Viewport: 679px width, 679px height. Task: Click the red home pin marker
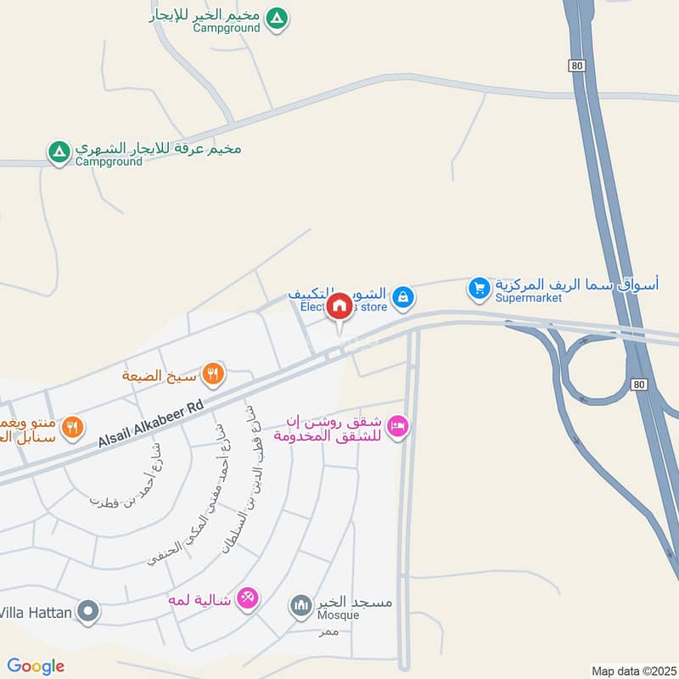[339, 306]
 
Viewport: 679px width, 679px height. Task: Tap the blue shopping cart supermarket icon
[480, 289]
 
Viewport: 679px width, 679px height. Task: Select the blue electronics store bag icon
[406, 296]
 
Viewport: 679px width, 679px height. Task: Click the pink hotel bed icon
[397, 427]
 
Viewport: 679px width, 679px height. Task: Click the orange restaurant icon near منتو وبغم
[74, 427]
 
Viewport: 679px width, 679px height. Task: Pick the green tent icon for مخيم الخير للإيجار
[276, 18]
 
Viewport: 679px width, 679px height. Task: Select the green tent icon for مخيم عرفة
[59, 152]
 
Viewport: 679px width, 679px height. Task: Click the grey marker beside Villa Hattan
[87, 610]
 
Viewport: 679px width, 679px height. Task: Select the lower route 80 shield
[640, 384]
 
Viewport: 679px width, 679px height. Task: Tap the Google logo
[36, 666]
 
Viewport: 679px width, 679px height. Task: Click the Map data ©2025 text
[632, 671]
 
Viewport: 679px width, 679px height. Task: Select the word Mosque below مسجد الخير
[338, 615]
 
